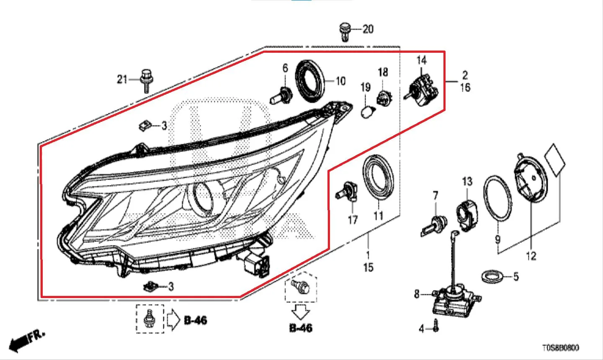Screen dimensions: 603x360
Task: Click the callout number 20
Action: (x=368, y=29)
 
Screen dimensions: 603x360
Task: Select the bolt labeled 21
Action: (x=147, y=81)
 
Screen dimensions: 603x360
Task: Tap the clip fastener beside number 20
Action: (x=345, y=32)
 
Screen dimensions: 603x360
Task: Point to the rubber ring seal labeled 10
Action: (x=310, y=81)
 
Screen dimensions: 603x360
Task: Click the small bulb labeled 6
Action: (x=281, y=96)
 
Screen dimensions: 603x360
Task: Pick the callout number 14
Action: (x=422, y=60)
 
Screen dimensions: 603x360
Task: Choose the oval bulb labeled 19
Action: (x=366, y=112)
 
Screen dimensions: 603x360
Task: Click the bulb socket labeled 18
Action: (x=384, y=98)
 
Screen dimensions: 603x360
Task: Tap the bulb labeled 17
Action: (x=346, y=192)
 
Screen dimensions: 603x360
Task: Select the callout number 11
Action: (x=378, y=216)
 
